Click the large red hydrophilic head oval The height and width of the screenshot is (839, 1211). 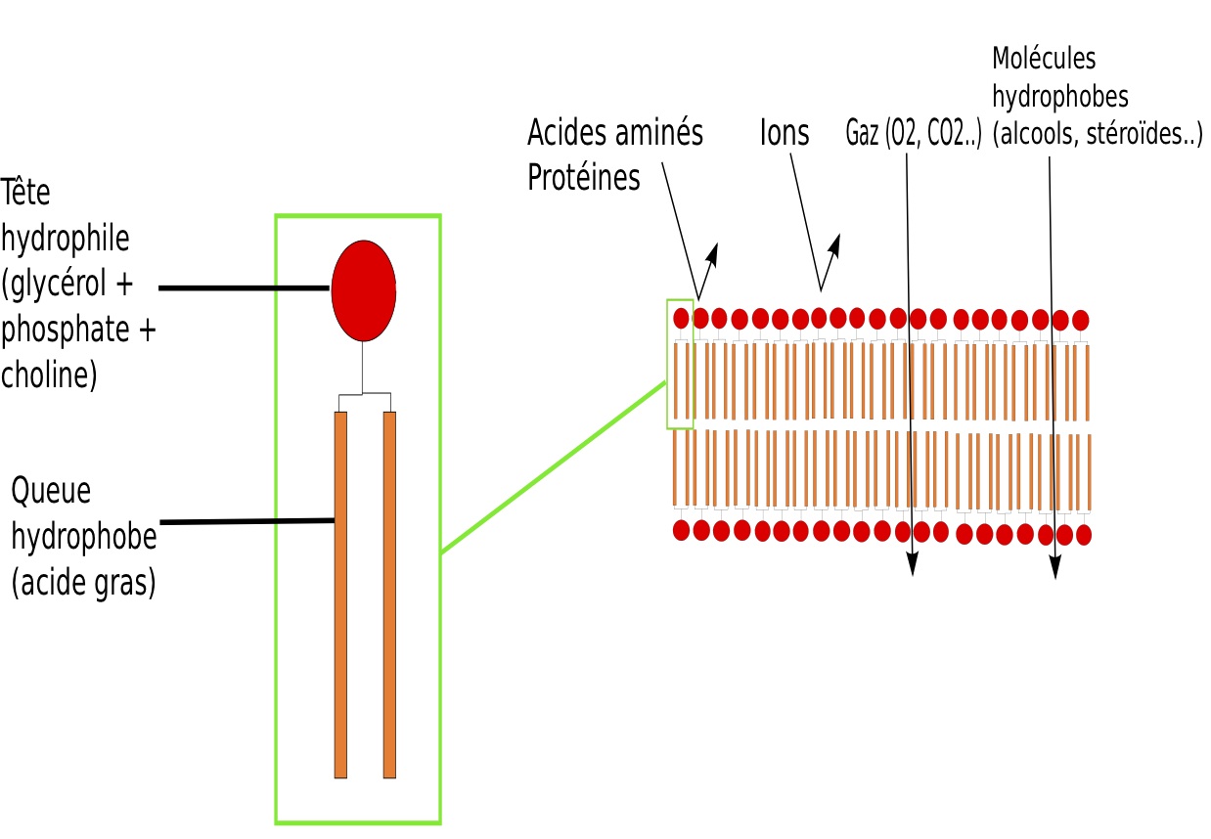tap(363, 289)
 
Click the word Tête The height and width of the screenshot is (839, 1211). tap(25, 193)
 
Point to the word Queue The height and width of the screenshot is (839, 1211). tap(51, 492)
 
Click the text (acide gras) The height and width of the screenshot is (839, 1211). tap(83, 584)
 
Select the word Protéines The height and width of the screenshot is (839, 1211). tap(584, 178)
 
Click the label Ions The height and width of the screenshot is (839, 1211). tap(785, 132)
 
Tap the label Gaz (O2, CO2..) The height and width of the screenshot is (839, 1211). tap(913, 135)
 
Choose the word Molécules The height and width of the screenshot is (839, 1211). tap(1044, 59)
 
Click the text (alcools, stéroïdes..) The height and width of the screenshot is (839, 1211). tap(1097, 136)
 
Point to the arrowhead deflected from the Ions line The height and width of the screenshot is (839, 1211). tap(836, 242)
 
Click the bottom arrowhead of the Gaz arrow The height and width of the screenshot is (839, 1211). tap(912, 565)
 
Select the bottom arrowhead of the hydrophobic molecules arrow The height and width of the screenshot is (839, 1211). tap(1054, 568)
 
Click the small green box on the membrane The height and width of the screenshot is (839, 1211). tap(680, 364)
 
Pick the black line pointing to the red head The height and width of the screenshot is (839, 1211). tap(244, 288)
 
